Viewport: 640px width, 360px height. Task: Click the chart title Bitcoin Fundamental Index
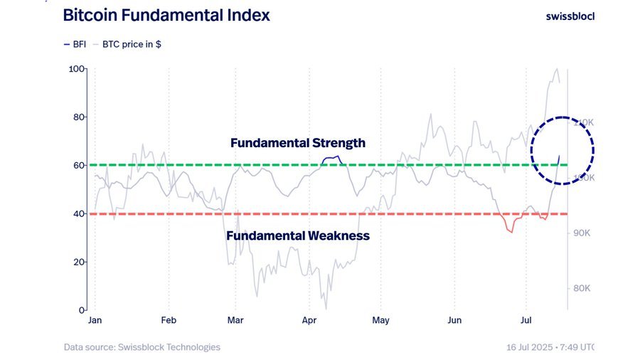coord(166,15)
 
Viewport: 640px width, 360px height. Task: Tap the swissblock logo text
coord(570,16)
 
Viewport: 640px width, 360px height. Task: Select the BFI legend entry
coord(74,44)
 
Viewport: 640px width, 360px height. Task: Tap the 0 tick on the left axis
coord(82,310)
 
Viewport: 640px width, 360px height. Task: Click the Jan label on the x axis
coord(95,321)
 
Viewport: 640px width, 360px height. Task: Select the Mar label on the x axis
coord(235,321)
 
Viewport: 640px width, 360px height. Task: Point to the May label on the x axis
coord(381,321)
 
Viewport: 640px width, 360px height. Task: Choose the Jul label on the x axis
coord(527,321)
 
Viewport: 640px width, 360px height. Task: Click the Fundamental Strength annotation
coord(297,143)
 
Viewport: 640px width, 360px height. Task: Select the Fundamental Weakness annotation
coord(297,235)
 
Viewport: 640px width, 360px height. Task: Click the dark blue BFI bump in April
coord(331,159)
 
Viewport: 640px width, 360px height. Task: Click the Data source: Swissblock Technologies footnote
coord(142,347)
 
